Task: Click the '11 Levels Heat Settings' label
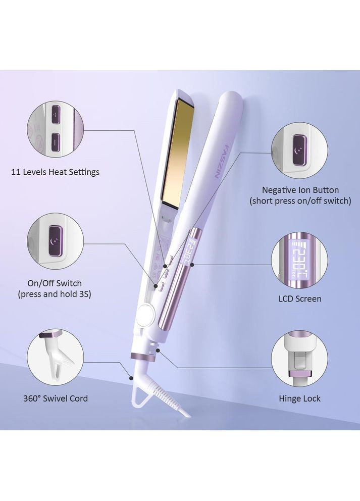(55, 172)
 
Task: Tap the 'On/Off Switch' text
(55, 283)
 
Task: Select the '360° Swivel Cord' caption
(56, 398)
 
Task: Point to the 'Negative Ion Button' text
(300, 190)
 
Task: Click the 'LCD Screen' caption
(300, 299)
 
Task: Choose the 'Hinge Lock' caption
(299, 398)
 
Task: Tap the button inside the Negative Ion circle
(300, 150)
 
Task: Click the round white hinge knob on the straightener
(146, 313)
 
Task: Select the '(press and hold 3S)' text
(55, 294)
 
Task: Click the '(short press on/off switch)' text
(300, 201)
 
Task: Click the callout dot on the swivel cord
(131, 378)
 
